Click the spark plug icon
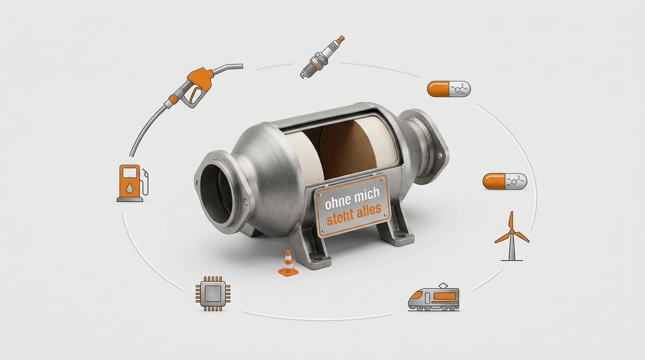[x=322, y=57]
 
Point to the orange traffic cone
[x=288, y=263]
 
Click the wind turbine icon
[x=512, y=236]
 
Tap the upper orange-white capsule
[x=449, y=89]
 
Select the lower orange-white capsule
[x=505, y=181]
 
